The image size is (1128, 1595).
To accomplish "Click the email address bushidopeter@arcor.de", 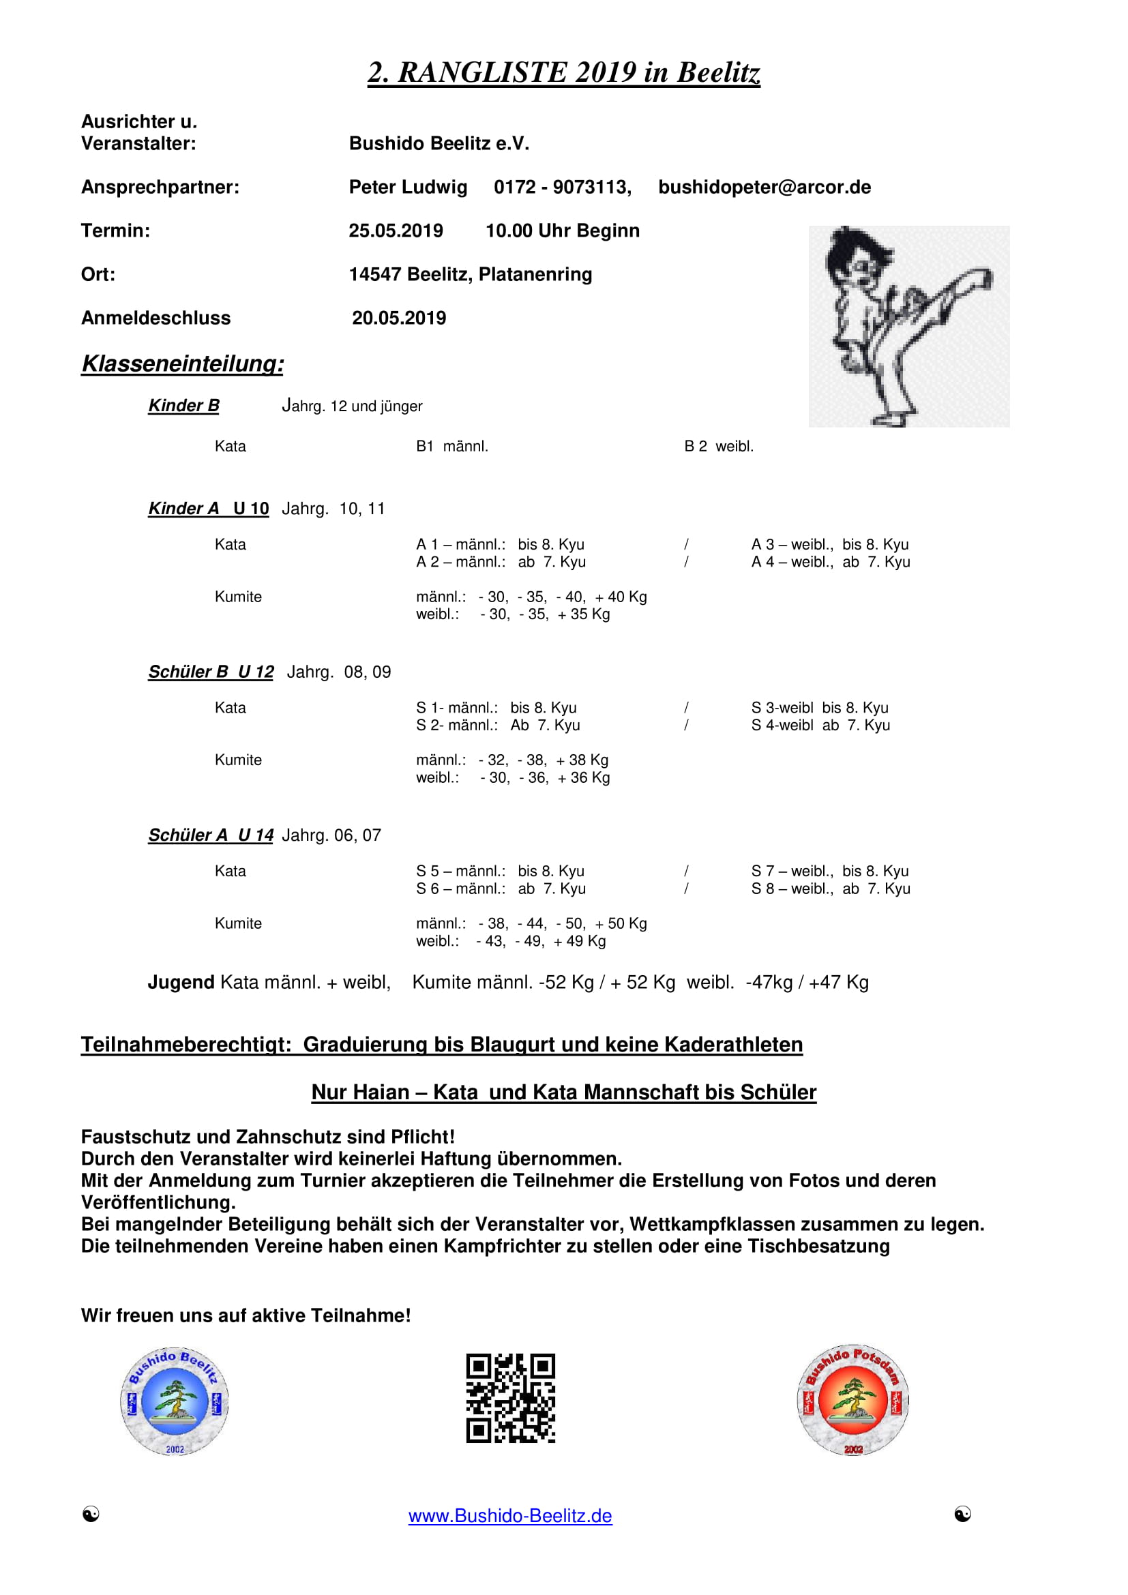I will [x=764, y=188].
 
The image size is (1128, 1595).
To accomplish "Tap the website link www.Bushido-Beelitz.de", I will [x=510, y=1515].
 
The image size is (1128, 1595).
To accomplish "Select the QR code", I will [x=511, y=1398].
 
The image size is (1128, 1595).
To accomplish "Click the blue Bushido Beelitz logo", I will [x=175, y=1401].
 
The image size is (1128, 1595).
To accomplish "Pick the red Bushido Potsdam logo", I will [x=853, y=1400].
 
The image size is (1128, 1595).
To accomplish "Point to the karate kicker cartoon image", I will [x=908, y=326].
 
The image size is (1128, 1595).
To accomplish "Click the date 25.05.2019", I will [x=396, y=230].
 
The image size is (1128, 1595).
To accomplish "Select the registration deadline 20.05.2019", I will [x=399, y=318].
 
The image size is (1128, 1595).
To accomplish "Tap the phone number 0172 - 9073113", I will [x=562, y=188].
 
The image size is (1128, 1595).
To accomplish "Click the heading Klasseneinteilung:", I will [x=183, y=363].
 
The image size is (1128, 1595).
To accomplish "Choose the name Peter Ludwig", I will [x=408, y=188].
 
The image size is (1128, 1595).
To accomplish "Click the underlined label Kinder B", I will [x=183, y=406].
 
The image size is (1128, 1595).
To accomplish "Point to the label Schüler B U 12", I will [x=211, y=672].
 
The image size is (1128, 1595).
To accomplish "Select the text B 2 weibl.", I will [x=718, y=446].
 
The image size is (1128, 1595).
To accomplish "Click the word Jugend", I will [x=181, y=982].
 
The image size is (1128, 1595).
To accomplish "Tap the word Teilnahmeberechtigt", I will [x=185, y=1045].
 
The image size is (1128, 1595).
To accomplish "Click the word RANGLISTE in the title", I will [x=483, y=72].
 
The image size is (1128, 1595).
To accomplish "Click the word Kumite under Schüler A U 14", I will [x=237, y=923].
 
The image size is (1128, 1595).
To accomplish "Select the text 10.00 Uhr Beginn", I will [x=562, y=230].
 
